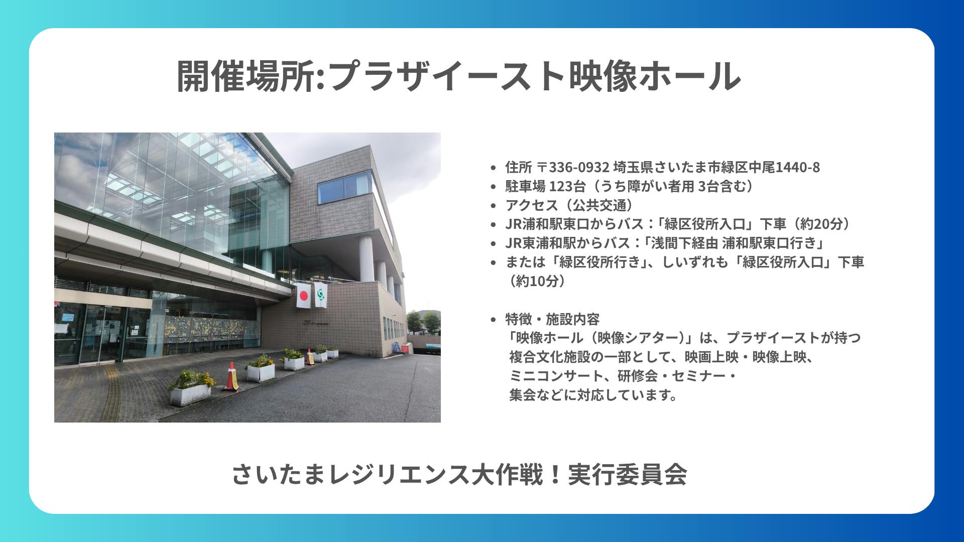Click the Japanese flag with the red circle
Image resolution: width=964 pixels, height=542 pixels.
coord(303,297)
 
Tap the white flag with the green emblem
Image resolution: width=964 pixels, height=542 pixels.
coord(321,295)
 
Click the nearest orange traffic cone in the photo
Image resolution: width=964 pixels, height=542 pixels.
coord(230,377)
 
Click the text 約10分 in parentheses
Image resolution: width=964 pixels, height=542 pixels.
coord(537,281)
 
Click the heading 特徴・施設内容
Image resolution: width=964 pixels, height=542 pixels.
coord(552,319)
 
